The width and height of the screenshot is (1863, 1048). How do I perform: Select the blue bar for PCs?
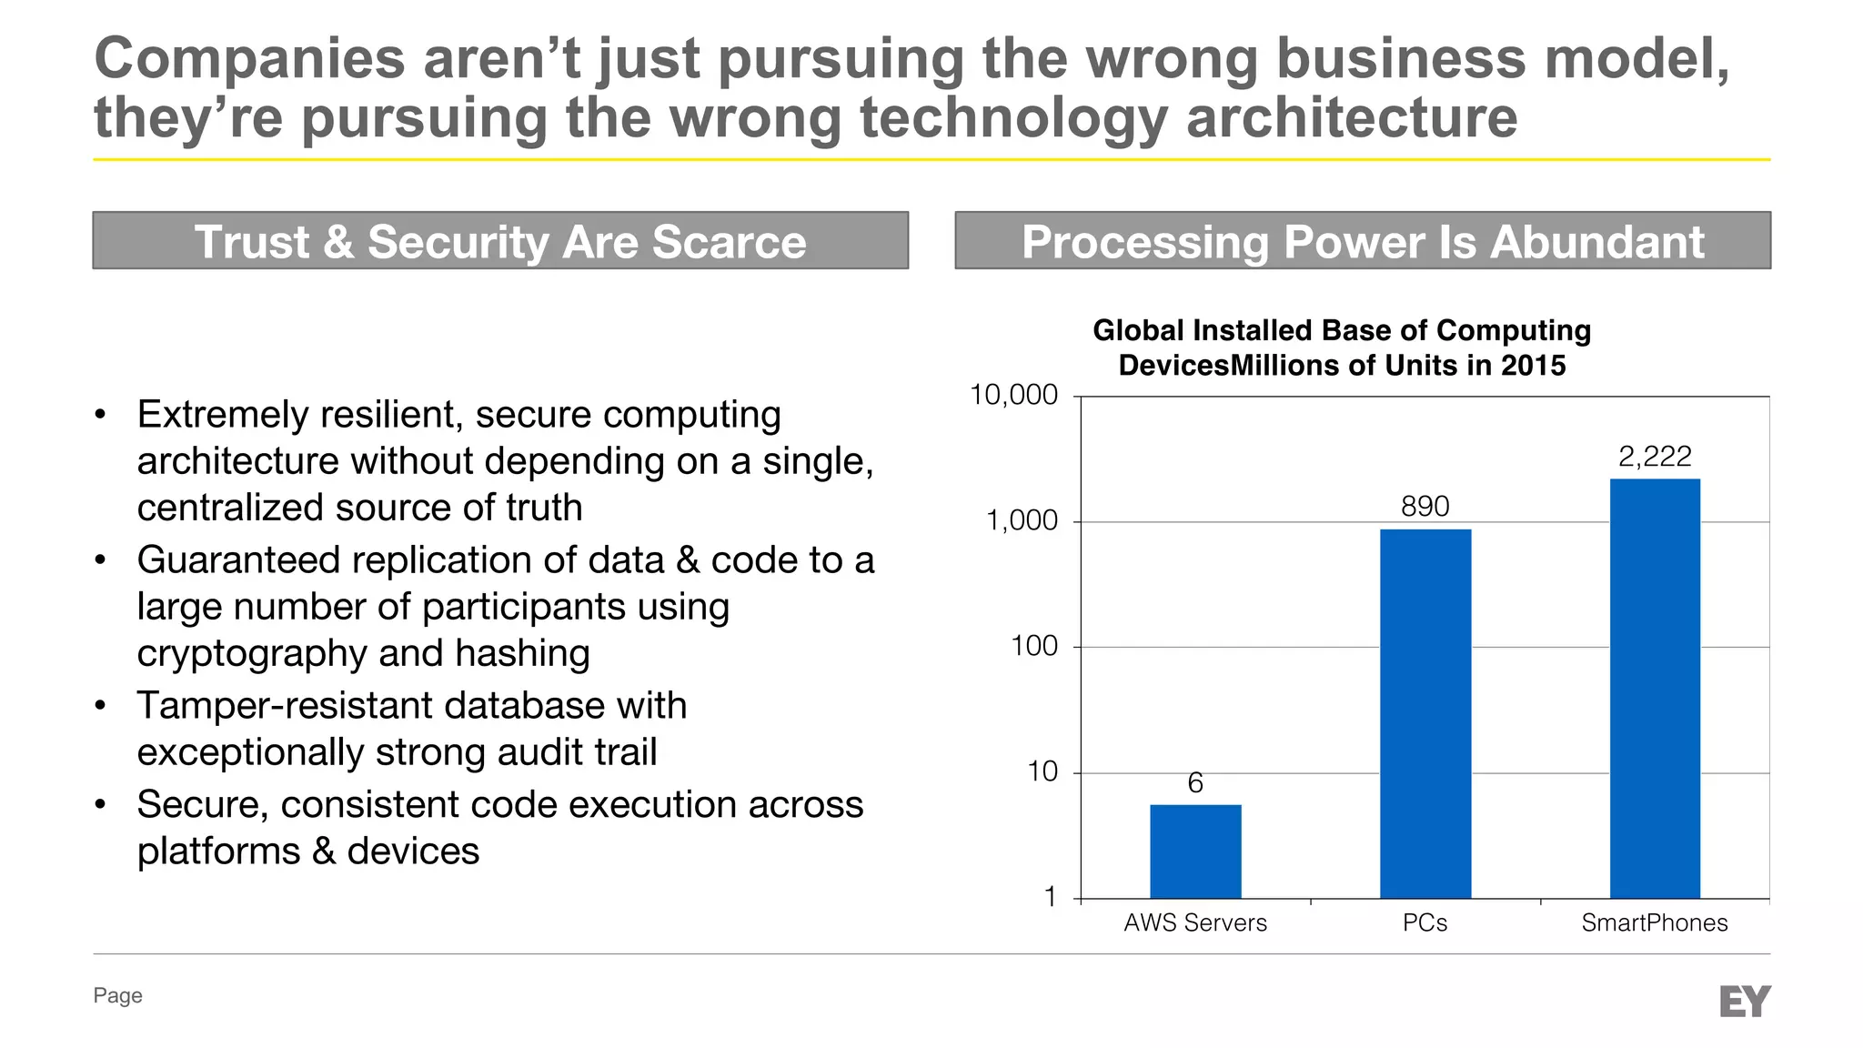coord(1425,713)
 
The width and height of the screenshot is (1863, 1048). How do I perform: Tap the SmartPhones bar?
coord(1655,688)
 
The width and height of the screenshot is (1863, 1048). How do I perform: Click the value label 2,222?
coord(1655,457)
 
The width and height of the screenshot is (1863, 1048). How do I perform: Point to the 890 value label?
coord(1425,507)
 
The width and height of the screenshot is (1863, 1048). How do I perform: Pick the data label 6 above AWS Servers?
coord(1195,783)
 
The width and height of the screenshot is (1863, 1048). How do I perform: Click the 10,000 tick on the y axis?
coord(1013,396)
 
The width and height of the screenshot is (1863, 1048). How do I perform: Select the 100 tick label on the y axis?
coord(1034,647)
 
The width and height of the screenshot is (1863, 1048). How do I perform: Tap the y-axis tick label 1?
coord(1050,897)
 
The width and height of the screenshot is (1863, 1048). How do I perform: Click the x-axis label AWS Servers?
coord(1195,923)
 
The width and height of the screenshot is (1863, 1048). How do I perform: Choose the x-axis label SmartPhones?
coord(1654,923)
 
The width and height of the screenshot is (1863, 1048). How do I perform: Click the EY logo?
coord(1745,1002)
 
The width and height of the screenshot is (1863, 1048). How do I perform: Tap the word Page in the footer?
coord(117,995)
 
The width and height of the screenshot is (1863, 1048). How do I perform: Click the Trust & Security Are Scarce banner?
coord(500,241)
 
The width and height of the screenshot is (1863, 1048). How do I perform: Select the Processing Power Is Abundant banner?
coord(1362,241)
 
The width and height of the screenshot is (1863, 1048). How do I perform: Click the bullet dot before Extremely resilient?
coord(100,417)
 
